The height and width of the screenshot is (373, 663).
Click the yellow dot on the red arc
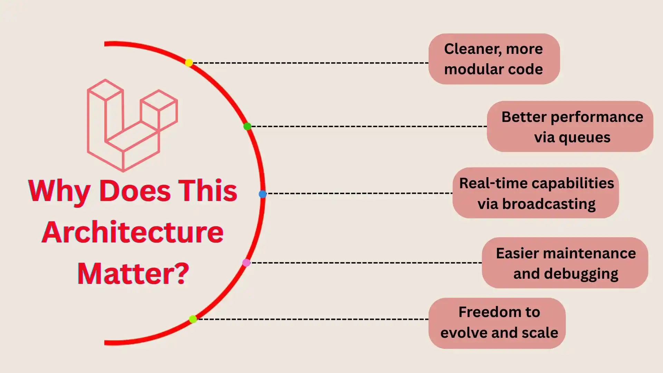pyautogui.click(x=189, y=63)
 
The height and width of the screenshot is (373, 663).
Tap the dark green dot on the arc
pyautogui.click(x=247, y=126)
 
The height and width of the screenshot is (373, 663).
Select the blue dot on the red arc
pyautogui.click(x=263, y=194)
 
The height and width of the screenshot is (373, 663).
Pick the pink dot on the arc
pyautogui.click(x=246, y=263)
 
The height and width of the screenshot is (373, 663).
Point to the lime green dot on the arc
pyautogui.click(x=193, y=319)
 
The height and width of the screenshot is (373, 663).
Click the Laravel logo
pyautogui.click(x=132, y=125)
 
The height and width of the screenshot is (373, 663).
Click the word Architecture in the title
pyautogui.click(x=133, y=232)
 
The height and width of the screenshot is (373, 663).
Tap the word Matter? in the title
pyautogui.click(x=133, y=274)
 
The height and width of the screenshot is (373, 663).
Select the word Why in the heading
pyautogui.click(x=59, y=191)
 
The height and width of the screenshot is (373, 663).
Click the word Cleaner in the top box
pyautogui.click(x=469, y=49)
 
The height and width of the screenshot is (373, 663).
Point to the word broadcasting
pyautogui.click(x=549, y=204)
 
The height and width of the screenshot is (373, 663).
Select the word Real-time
pyautogui.click(x=490, y=183)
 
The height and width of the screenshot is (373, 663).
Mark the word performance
pyautogui.click(x=597, y=117)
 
